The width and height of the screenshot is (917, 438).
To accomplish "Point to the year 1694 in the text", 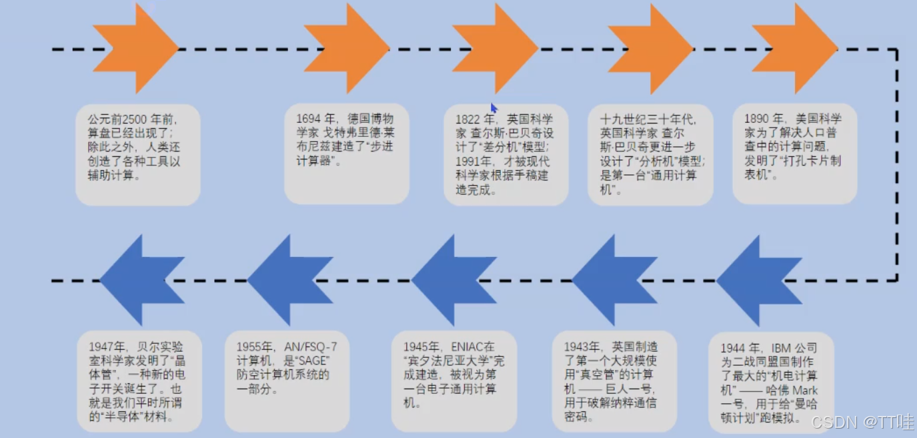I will point(307,119).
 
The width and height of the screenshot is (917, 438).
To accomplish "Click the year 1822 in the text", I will point(468,120).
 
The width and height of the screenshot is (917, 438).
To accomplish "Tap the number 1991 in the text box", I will point(468,162).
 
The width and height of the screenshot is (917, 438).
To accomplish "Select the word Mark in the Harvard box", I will point(805,390).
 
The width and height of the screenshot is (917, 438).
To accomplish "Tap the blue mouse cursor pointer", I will point(494,108).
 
